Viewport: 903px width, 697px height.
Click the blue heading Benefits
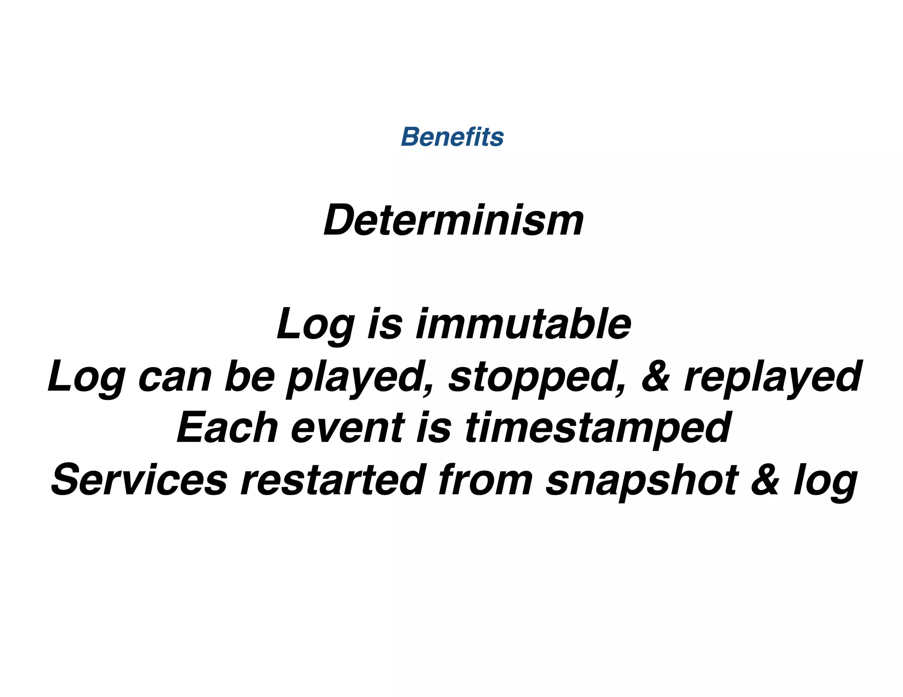coord(452,137)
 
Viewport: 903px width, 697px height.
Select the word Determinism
coord(453,220)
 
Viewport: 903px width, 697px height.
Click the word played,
coord(360,377)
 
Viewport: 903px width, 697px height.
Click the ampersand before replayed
coord(656,376)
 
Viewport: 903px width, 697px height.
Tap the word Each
coord(227,428)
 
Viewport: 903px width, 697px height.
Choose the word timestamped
coord(598,429)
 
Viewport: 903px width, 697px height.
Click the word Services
coord(139,480)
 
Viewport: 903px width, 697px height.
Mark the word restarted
coord(332,480)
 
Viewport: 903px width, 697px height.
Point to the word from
coord(485,480)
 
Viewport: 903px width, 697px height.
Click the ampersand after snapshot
coord(765,480)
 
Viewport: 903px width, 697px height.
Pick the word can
coord(175,377)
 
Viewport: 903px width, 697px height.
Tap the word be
coord(250,376)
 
